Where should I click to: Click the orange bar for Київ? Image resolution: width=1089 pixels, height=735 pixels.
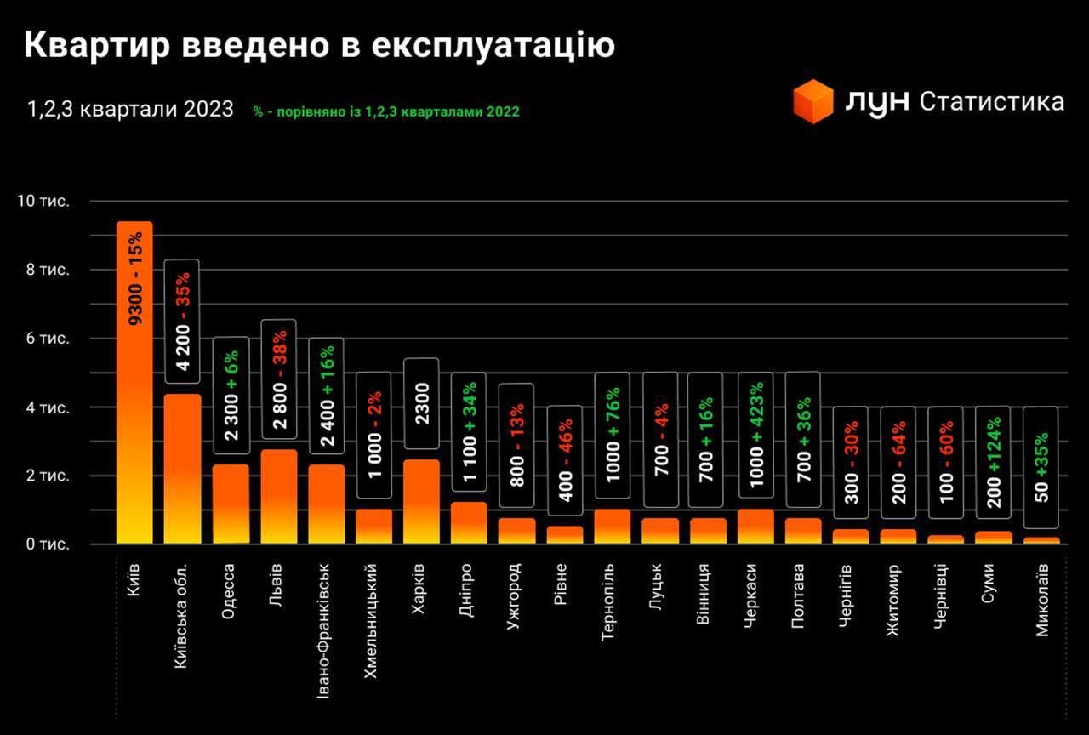pos(134,383)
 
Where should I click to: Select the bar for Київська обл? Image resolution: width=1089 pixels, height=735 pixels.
pos(182,469)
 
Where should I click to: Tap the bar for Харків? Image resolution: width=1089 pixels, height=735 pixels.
pos(421,501)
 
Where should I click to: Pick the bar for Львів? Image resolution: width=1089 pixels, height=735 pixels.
pos(277,496)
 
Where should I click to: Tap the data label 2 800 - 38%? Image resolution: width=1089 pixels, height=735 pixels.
pos(278,379)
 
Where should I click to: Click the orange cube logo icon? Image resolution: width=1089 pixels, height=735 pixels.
pos(812,101)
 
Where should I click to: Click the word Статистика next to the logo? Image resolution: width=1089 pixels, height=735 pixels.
pos(992,101)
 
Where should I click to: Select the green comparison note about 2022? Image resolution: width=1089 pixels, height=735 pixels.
pos(386,111)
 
